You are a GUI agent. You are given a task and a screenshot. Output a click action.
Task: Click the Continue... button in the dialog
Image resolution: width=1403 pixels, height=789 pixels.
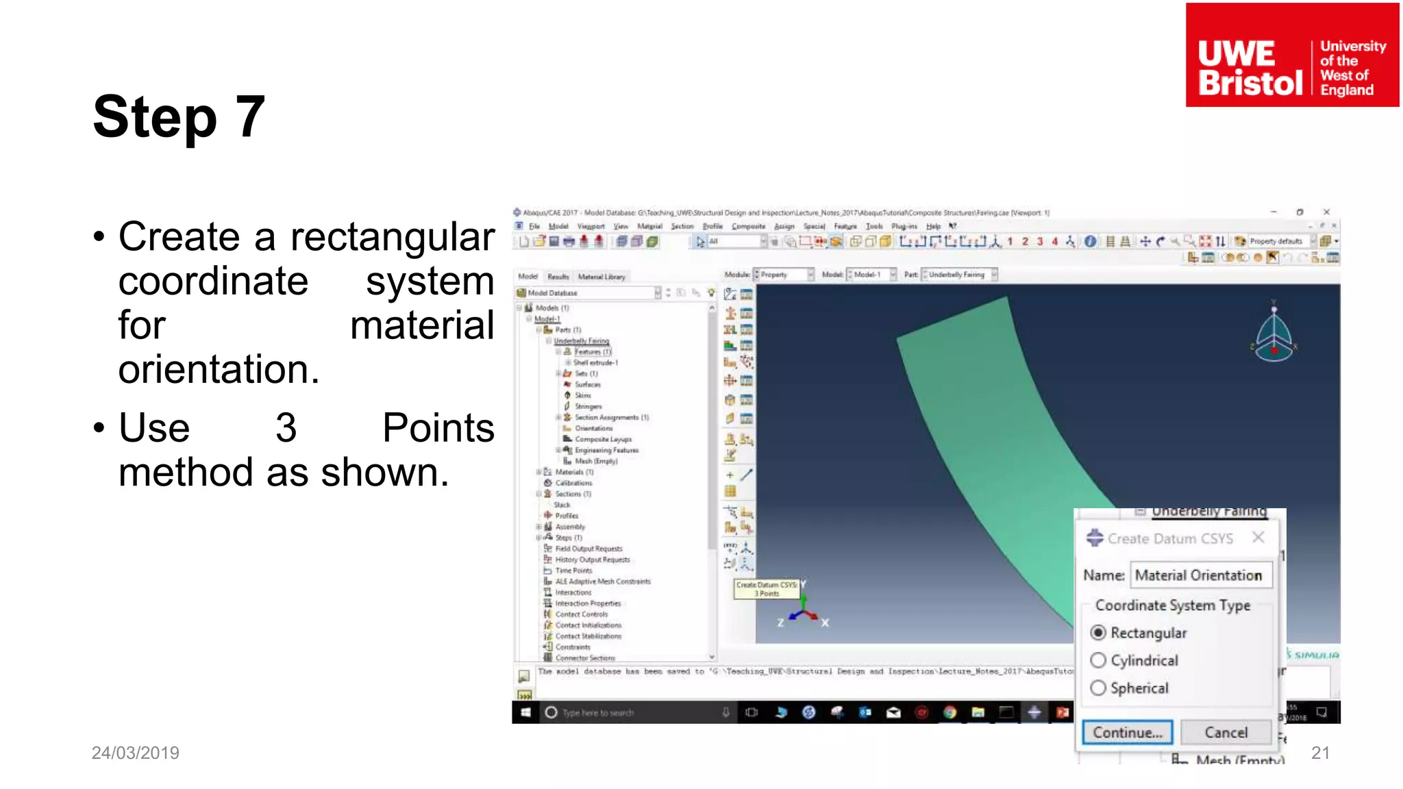coord(1127,732)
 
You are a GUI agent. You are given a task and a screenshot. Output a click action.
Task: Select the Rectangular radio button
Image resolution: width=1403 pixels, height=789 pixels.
coord(1098,632)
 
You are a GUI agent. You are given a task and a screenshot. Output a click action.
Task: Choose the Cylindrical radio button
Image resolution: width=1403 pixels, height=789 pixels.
coord(1098,660)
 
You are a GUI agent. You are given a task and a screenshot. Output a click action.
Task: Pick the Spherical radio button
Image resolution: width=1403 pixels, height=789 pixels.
coord(1098,688)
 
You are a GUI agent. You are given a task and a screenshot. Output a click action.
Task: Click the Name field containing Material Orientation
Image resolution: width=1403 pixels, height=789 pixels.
coord(1200,575)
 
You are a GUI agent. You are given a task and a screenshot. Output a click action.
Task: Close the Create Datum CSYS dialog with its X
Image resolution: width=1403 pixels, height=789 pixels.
coord(1258,538)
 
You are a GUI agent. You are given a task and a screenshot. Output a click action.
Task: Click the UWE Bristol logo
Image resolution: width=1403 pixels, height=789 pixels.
coord(1292,55)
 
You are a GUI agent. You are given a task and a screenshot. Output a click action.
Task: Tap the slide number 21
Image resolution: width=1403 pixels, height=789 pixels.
coord(1320,753)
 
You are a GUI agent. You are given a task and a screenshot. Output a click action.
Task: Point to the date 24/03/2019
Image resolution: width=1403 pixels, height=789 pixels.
coord(136,753)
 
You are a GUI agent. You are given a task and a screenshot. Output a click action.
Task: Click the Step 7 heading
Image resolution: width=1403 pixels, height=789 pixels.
coord(179,116)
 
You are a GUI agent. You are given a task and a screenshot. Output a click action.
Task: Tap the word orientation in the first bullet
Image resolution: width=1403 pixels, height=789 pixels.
coord(219,370)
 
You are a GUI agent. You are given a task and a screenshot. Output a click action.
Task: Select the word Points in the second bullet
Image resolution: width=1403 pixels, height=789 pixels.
coord(438,428)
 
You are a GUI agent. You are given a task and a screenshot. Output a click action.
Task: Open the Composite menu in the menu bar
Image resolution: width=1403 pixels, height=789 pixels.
coord(748,226)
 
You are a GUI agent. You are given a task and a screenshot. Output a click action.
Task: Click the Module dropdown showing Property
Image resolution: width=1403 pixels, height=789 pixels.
coord(783,275)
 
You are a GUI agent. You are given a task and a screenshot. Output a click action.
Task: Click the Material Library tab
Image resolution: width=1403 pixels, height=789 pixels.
coord(601,277)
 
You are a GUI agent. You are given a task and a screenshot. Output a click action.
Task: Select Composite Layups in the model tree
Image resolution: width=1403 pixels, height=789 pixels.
coord(603,439)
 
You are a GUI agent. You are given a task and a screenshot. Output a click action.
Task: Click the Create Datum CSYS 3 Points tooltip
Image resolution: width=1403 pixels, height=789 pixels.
coord(767,589)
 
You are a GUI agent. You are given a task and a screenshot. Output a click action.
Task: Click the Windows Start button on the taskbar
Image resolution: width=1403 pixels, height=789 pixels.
coord(525,712)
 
